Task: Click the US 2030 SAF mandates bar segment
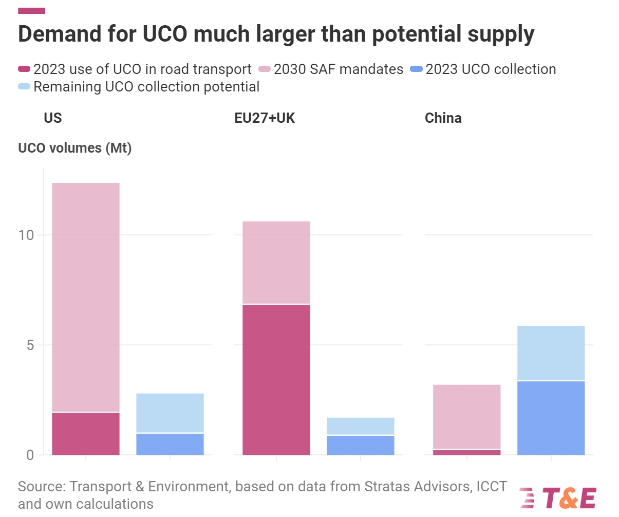click(86, 297)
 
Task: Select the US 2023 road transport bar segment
click(86, 434)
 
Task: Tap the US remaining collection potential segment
click(170, 413)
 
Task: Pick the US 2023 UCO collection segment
click(170, 445)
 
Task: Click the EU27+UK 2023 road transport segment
click(276, 380)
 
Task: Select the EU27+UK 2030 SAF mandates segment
click(276, 263)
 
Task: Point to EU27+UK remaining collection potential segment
click(361, 426)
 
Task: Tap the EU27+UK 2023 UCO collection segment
click(361, 446)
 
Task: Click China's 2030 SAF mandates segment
click(467, 417)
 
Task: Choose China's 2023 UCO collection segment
click(551, 418)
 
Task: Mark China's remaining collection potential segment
click(551, 353)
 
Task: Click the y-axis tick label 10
click(26, 235)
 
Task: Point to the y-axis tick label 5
click(30, 345)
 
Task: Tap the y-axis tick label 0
click(30, 455)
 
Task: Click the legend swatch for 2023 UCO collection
click(416, 69)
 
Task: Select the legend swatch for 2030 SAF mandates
click(264, 69)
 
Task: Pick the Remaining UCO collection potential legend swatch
click(24, 86)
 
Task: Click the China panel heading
click(443, 118)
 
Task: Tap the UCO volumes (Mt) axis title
click(75, 149)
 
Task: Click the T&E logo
click(558, 497)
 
